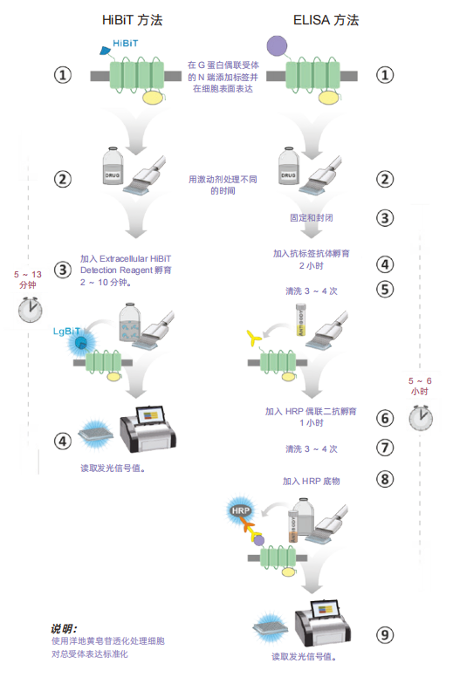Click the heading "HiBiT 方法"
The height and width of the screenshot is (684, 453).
click(133, 20)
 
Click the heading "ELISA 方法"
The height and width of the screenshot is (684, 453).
click(326, 20)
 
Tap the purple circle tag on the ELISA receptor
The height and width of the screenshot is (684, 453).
click(277, 45)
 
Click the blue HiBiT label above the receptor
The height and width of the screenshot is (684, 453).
click(126, 44)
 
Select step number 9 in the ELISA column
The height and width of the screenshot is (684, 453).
click(384, 634)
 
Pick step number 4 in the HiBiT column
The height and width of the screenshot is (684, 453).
click(63, 441)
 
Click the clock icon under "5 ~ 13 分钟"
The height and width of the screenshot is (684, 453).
click(30, 309)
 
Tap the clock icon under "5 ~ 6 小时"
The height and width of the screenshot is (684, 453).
click(421, 417)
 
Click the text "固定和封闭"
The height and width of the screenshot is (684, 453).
click(311, 218)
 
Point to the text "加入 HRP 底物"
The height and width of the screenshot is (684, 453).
click(311, 481)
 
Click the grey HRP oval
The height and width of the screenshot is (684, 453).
click(241, 511)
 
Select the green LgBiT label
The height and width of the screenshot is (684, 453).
click(66, 332)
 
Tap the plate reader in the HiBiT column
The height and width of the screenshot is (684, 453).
click(148, 429)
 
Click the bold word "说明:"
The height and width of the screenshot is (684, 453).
click(64, 628)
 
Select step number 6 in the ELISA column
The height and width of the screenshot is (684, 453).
click(384, 418)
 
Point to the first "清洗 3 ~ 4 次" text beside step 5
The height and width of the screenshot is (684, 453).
click(311, 291)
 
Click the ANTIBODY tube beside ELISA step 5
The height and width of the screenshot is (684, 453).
click(300, 319)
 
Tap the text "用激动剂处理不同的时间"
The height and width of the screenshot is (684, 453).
click(223, 185)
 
